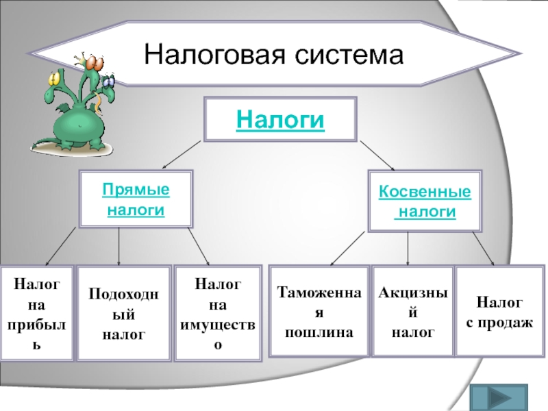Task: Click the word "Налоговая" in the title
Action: [206, 54]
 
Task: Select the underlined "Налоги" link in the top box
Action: [279, 120]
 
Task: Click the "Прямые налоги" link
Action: [136, 199]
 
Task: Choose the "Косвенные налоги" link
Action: [425, 201]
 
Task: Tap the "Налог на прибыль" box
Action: [37, 314]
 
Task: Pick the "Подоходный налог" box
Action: [124, 314]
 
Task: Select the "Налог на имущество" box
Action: [218, 314]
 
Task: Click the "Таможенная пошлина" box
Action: [319, 312]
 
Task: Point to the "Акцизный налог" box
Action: [412, 312]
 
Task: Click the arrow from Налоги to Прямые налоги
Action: [181, 155]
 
